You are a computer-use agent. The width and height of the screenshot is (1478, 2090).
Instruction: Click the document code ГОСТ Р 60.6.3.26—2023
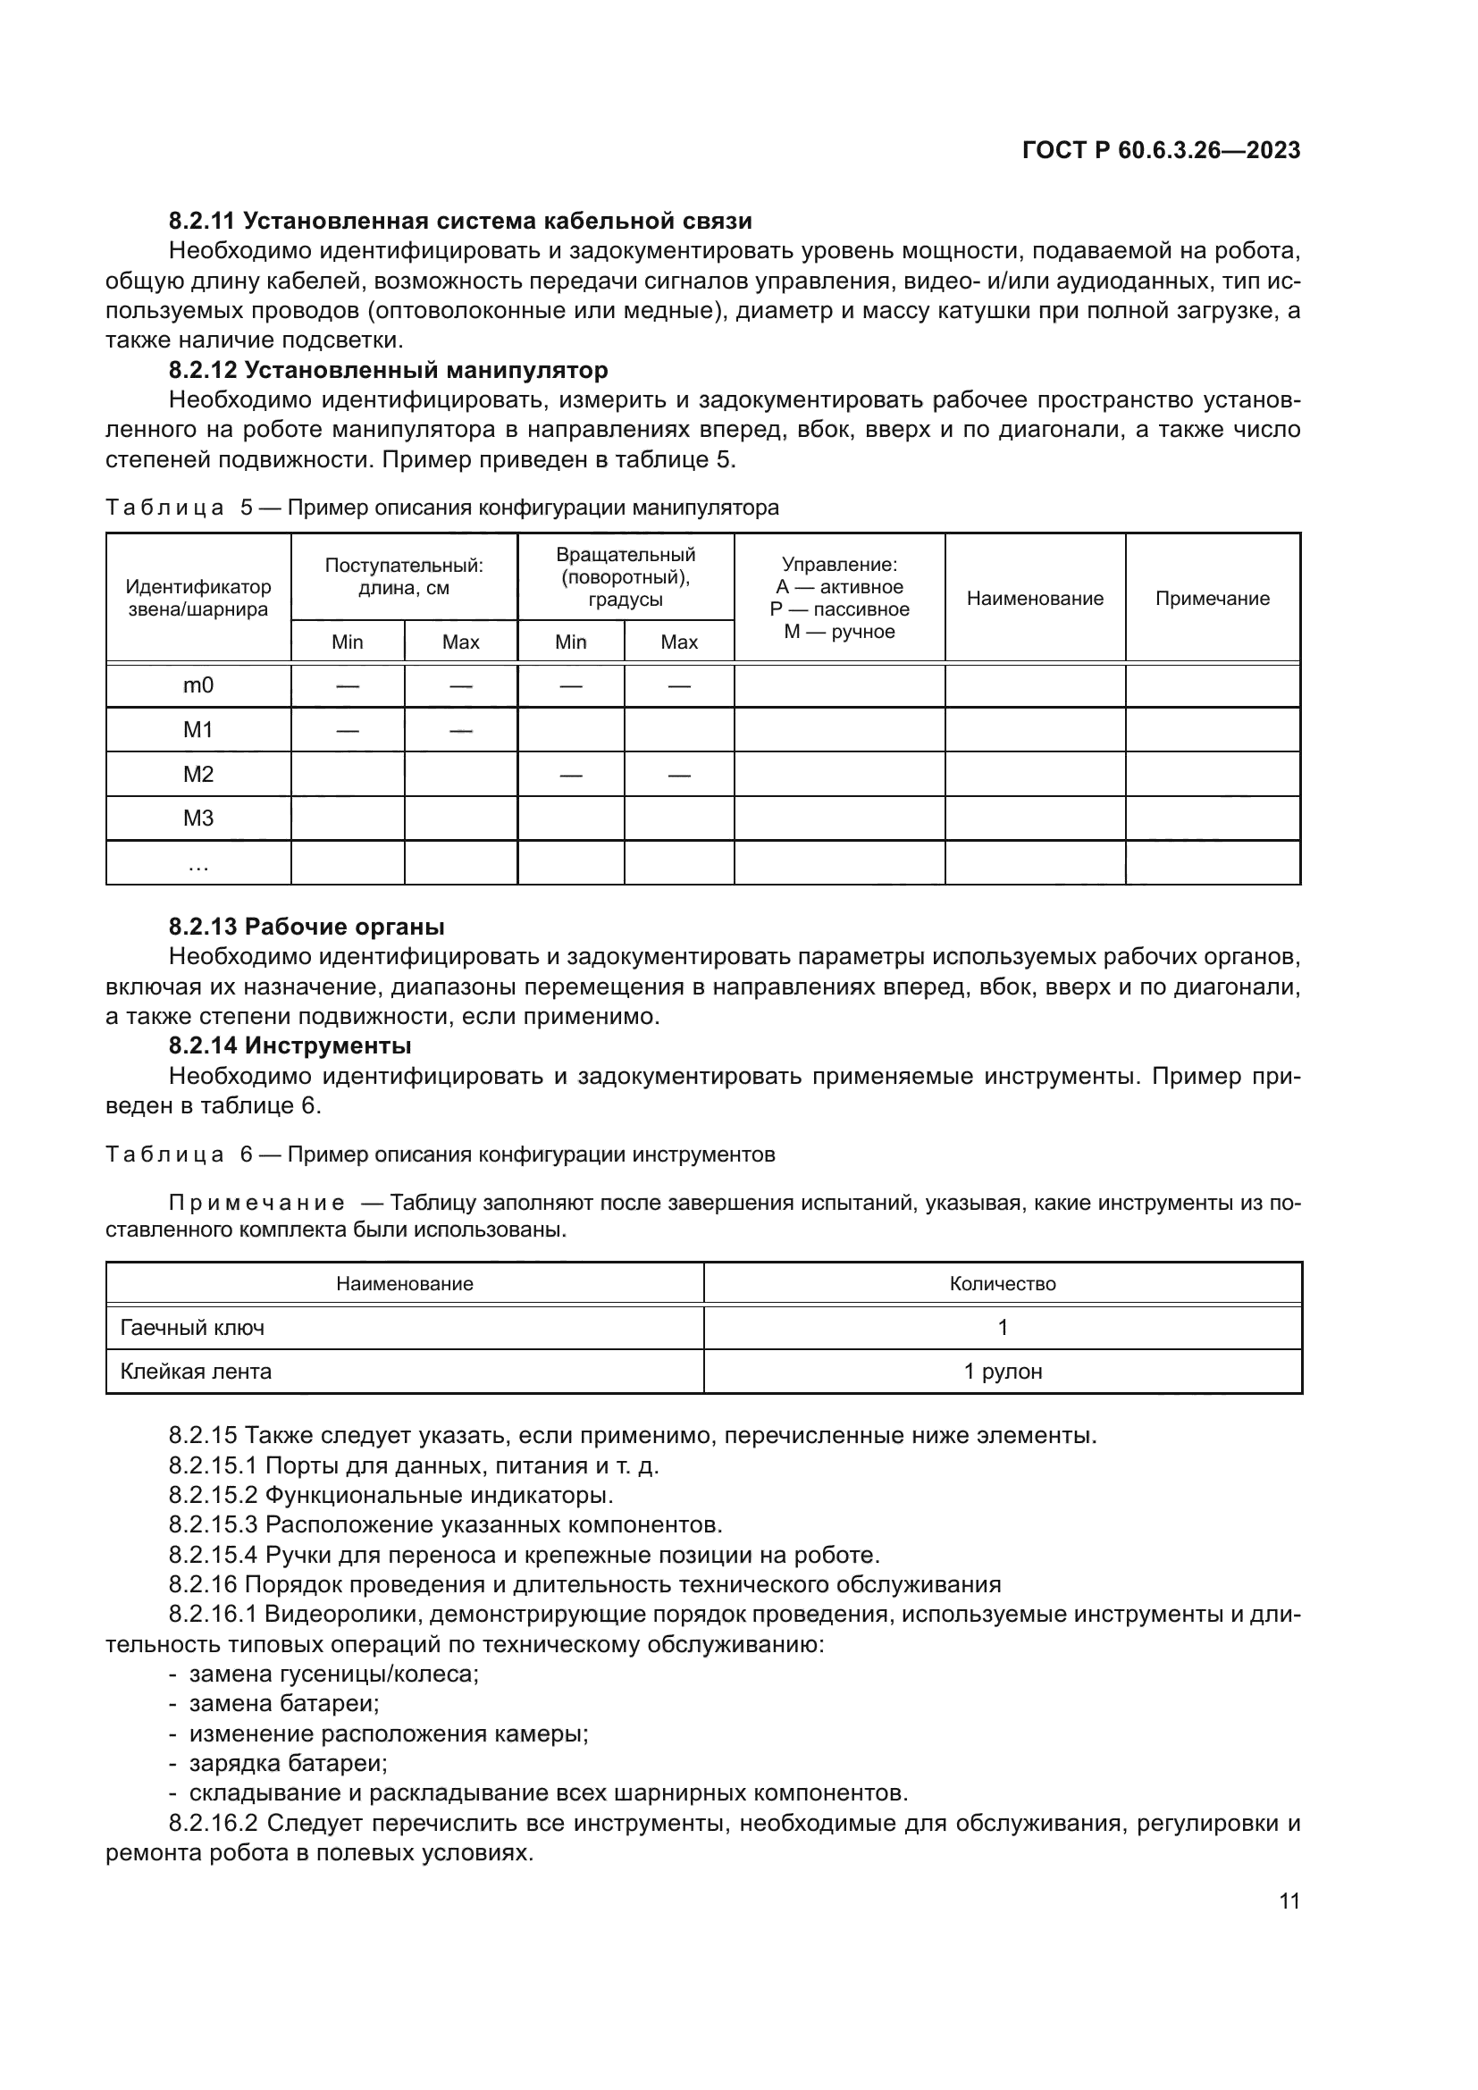[1162, 150]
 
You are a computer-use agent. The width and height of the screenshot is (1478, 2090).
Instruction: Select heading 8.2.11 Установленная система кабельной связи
[460, 222]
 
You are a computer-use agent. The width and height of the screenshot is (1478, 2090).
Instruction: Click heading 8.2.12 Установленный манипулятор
[389, 371]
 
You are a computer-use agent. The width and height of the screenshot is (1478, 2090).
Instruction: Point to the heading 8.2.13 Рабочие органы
[307, 927]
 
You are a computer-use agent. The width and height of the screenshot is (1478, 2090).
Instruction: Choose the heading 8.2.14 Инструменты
[290, 1046]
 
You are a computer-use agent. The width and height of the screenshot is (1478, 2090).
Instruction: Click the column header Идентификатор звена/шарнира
[198, 598]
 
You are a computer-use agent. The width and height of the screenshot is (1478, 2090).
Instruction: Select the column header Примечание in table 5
[1213, 598]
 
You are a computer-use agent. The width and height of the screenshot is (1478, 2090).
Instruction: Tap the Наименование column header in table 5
[1035, 598]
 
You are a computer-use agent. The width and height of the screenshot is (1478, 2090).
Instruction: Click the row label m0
[198, 685]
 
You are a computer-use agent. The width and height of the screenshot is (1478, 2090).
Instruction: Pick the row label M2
[198, 774]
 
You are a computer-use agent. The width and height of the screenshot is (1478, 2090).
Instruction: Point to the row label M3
[198, 818]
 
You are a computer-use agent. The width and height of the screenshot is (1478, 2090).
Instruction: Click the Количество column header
[1003, 1283]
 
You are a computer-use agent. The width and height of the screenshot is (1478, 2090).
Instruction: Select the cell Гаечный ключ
[193, 1328]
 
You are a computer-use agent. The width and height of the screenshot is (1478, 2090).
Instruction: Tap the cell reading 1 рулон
[1003, 1372]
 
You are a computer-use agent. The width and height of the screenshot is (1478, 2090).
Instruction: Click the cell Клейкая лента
[197, 1372]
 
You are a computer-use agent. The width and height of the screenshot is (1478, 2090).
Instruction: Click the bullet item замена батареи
[284, 1703]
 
